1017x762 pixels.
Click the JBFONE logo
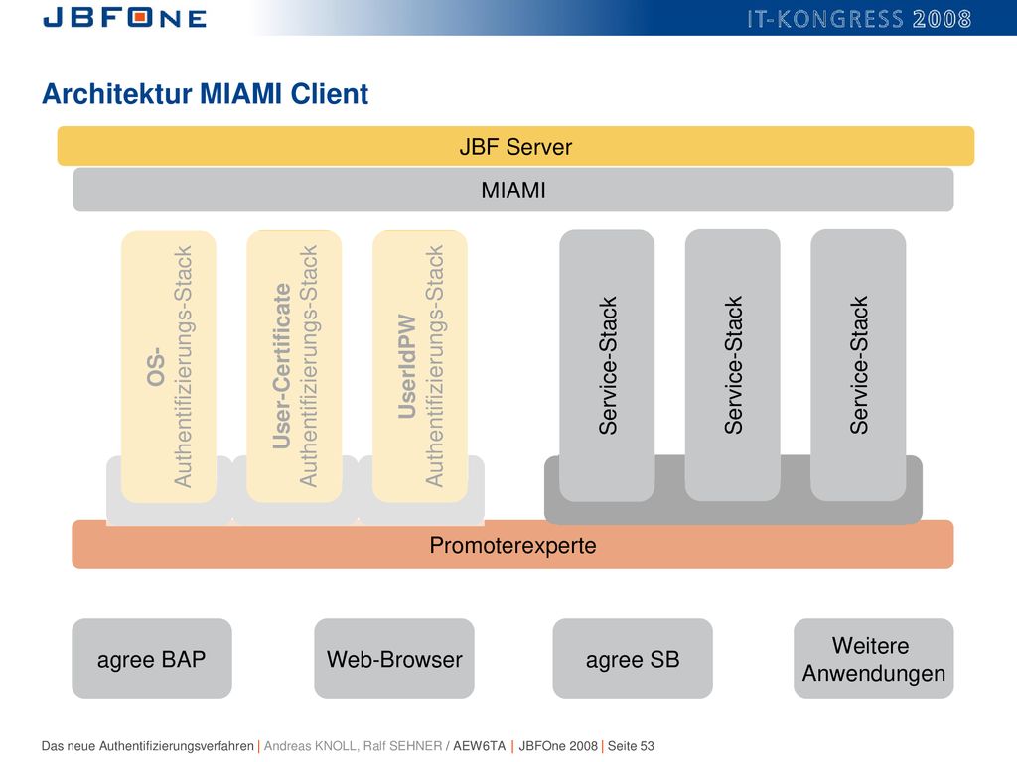(x=124, y=17)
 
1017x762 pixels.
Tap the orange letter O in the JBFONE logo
(x=141, y=17)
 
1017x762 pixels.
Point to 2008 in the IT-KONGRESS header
(x=942, y=19)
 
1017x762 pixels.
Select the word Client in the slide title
(x=330, y=94)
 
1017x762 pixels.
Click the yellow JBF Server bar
(x=515, y=146)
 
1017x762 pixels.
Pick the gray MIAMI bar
(x=513, y=190)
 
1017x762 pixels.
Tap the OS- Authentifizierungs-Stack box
(x=169, y=367)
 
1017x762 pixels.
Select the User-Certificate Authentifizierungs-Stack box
(x=294, y=367)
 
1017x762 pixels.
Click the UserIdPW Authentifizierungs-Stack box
(x=420, y=367)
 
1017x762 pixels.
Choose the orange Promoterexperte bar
(x=512, y=545)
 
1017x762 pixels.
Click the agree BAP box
(x=152, y=659)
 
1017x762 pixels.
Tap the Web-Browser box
(x=394, y=659)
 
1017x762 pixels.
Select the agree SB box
(x=633, y=659)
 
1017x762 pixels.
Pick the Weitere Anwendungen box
(x=874, y=659)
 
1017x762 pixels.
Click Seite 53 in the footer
(x=631, y=746)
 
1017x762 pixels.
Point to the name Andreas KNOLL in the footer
(x=310, y=746)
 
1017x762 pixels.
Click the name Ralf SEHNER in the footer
(x=402, y=746)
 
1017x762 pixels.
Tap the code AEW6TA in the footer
(x=480, y=746)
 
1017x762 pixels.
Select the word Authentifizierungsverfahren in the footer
(x=177, y=746)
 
